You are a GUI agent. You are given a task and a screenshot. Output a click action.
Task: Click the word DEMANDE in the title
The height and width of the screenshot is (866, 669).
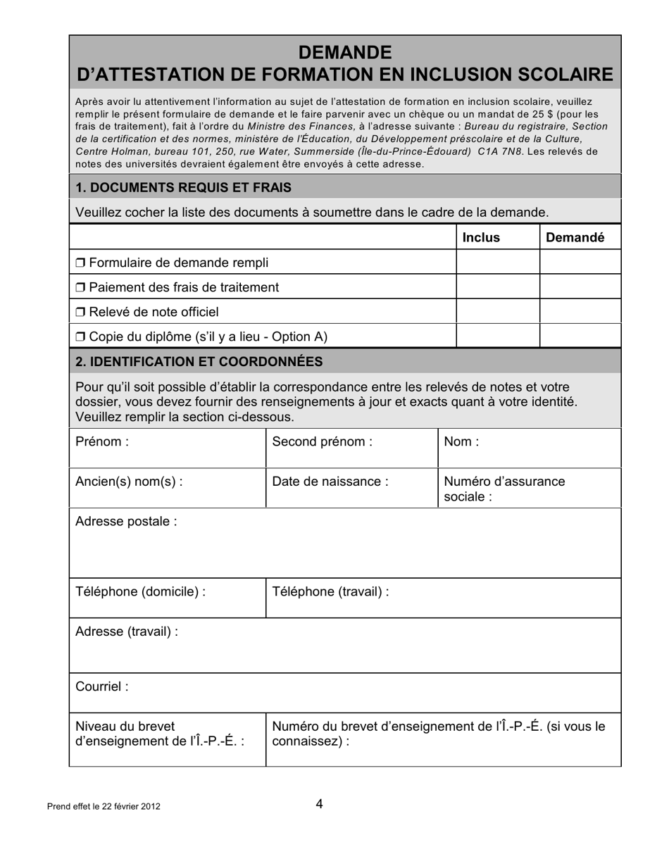point(344,53)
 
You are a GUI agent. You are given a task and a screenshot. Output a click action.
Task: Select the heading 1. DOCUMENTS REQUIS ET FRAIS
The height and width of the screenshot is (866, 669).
point(183,187)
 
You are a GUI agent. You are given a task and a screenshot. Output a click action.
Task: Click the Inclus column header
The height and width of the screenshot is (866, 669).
point(480,238)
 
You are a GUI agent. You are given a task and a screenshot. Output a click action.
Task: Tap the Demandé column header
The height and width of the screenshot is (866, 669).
point(575,238)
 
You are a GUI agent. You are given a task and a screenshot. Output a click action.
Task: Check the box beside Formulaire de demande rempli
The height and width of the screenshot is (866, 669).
point(80,263)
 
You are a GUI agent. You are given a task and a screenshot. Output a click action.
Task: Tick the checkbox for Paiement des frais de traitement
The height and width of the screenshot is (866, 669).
point(80,288)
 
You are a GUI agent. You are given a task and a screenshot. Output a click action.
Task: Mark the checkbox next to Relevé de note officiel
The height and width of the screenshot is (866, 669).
point(80,313)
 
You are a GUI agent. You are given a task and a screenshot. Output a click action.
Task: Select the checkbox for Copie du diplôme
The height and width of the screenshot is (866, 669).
point(80,337)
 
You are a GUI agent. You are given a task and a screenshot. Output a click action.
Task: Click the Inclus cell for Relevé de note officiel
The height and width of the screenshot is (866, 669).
point(498,312)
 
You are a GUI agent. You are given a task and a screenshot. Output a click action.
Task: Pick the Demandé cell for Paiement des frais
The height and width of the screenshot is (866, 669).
point(580,287)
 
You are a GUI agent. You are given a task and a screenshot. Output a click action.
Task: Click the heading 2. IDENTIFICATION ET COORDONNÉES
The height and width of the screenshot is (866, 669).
point(199,362)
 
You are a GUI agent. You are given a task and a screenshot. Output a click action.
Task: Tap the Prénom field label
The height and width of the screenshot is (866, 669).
point(102,442)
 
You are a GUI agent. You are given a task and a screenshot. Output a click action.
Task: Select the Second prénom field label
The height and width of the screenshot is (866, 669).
point(322,442)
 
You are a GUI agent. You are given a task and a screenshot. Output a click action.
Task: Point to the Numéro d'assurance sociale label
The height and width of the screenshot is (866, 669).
point(504,489)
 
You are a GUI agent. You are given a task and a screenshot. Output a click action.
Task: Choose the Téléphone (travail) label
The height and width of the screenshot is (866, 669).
point(330,592)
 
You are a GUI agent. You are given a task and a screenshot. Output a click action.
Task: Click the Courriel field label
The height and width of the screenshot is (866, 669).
point(102,687)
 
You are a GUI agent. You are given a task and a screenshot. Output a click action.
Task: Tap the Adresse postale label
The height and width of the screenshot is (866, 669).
point(126,522)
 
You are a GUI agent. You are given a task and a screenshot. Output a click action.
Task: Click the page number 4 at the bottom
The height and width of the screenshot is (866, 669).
point(320,804)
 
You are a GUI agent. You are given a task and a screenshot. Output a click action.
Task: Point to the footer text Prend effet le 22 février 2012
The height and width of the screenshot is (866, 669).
point(104,807)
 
